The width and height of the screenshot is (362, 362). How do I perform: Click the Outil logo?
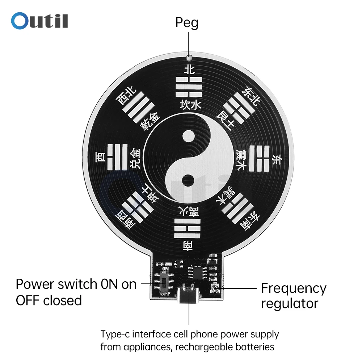(39, 21)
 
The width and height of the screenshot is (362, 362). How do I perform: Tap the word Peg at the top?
(187, 23)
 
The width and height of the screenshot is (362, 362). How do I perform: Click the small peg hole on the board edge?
(189, 57)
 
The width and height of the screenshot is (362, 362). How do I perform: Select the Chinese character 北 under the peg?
(189, 69)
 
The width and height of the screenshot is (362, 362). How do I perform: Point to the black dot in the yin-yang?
(189, 179)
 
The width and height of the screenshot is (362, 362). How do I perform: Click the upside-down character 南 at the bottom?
(188, 247)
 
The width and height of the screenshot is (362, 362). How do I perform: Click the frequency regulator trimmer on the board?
(214, 289)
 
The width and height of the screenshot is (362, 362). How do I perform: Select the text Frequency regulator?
(294, 296)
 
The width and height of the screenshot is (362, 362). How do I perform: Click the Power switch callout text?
(76, 292)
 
